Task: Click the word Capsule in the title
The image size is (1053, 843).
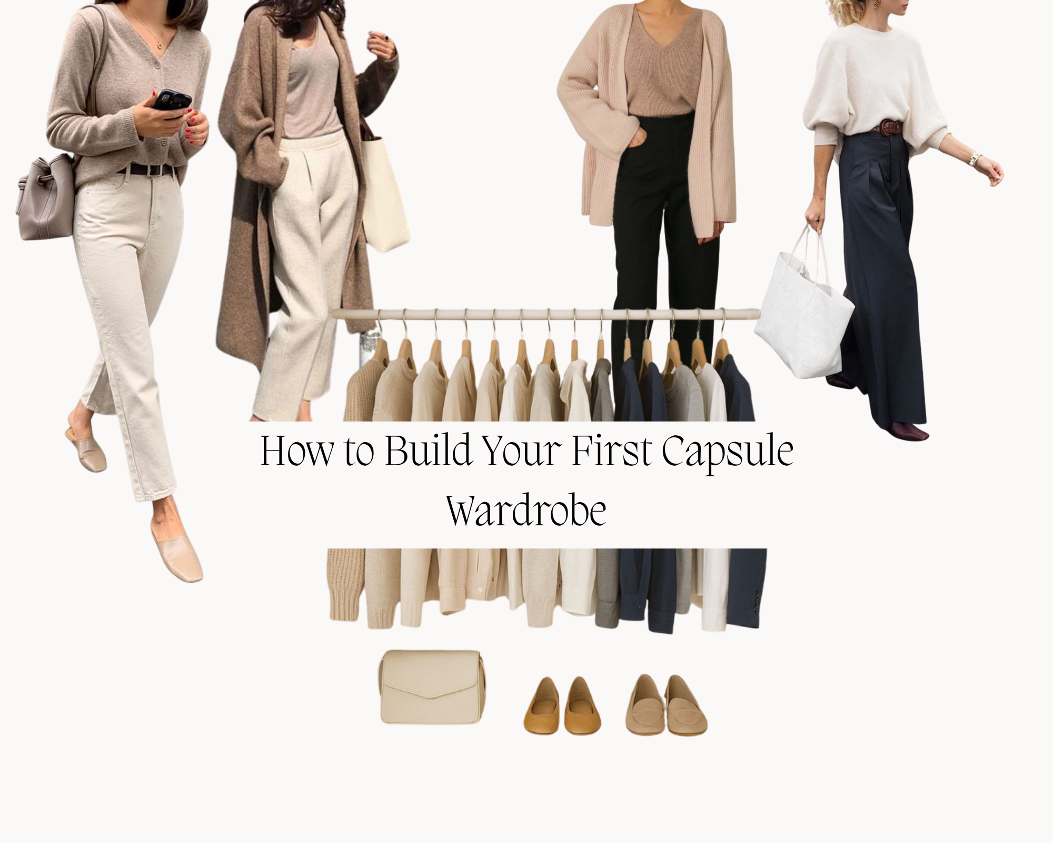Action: pyautogui.click(x=727, y=452)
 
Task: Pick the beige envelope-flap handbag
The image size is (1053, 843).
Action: pyautogui.click(x=431, y=687)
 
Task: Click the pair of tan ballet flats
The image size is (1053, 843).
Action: pyautogui.click(x=562, y=706)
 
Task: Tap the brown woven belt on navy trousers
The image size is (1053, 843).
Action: pyautogui.click(x=890, y=127)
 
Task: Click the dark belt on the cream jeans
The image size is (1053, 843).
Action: pyautogui.click(x=145, y=170)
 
